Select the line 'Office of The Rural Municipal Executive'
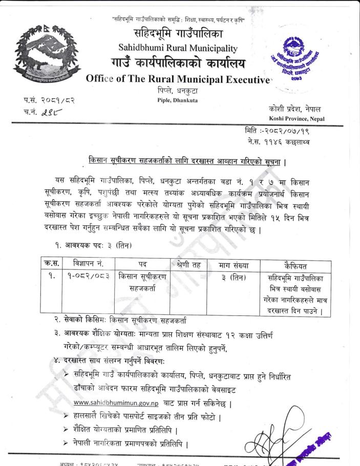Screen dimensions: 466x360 coord(178,80)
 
